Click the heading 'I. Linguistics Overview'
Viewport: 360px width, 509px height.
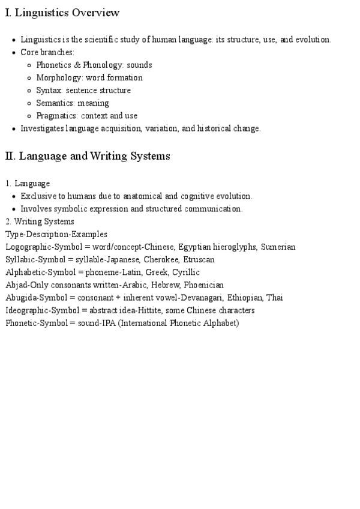(62, 13)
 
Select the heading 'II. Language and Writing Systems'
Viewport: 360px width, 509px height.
(88, 156)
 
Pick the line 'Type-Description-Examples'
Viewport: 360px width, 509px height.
(56, 234)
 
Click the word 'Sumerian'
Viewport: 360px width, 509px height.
(278, 247)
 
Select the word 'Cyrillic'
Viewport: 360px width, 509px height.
(186, 272)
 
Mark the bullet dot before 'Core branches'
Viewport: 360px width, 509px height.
(14, 53)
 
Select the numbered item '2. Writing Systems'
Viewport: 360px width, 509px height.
(40, 221)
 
